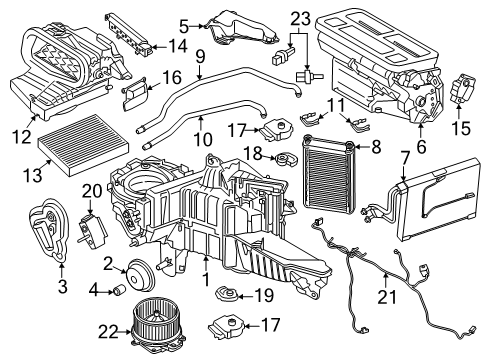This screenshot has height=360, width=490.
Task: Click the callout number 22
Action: [x=108, y=332]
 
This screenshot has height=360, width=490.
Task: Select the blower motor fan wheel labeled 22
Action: [x=158, y=322]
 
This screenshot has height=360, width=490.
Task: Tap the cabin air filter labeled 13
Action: [x=83, y=146]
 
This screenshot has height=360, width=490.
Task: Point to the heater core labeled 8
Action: [x=328, y=173]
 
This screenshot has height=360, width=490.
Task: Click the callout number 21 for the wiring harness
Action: [x=387, y=297]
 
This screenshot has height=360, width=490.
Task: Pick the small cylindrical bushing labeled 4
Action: [x=120, y=290]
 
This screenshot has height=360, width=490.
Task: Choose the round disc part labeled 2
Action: [x=140, y=276]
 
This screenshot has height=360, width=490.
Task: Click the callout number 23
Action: [x=300, y=19]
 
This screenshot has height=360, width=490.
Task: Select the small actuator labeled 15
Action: [x=463, y=88]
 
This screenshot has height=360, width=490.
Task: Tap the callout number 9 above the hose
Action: [x=200, y=57]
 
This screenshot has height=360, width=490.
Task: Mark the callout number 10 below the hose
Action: [x=203, y=139]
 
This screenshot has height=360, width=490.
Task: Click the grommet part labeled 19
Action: [x=227, y=294]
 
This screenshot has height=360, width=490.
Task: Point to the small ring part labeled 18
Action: [x=286, y=159]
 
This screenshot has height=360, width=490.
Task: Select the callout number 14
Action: [x=177, y=46]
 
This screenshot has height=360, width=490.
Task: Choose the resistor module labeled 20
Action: [x=92, y=230]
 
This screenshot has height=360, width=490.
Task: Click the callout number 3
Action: [x=62, y=286]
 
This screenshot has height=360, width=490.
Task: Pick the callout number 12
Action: [x=22, y=136]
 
